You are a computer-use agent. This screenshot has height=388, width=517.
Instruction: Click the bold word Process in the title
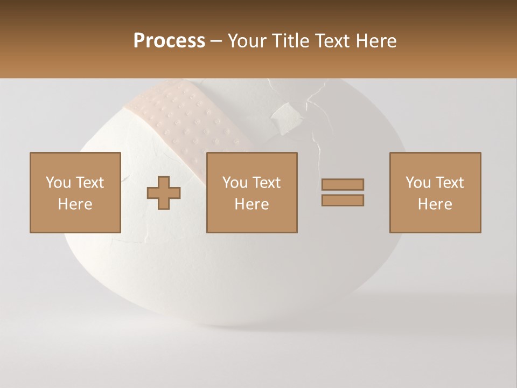click(x=169, y=41)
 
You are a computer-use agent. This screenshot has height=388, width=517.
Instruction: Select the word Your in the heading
click(x=248, y=41)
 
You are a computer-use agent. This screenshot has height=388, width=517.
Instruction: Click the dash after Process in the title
click(x=216, y=41)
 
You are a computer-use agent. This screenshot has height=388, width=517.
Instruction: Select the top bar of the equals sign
click(x=343, y=184)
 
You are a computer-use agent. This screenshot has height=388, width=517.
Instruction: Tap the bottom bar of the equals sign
click(x=343, y=200)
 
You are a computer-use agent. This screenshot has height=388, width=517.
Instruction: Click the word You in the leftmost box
click(x=58, y=183)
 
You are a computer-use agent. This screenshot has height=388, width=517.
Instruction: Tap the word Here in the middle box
click(x=252, y=204)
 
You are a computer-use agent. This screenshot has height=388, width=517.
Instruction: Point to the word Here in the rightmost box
click(x=435, y=204)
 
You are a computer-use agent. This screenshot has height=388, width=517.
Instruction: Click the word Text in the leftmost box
click(x=89, y=183)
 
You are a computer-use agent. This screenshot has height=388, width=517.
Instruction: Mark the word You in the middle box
click(x=235, y=183)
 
